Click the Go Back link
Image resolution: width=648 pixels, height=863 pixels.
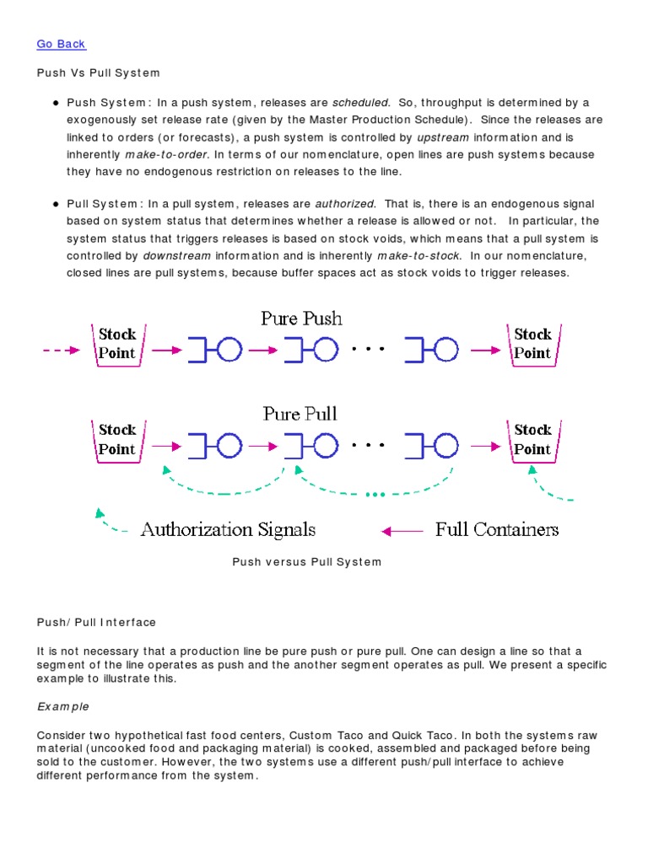(x=62, y=44)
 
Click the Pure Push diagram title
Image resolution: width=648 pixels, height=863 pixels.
(x=301, y=319)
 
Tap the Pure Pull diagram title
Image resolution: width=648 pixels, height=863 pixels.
(x=300, y=414)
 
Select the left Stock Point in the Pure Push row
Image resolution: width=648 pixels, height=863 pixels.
(x=118, y=344)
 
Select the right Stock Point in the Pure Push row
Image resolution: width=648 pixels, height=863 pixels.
(x=532, y=344)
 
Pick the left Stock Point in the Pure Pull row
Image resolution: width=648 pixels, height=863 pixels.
(x=118, y=440)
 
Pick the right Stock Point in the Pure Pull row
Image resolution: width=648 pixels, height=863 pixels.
(x=532, y=440)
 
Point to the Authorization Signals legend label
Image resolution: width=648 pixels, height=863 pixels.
(x=228, y=530)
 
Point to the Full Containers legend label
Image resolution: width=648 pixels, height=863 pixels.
(x=496, y=530)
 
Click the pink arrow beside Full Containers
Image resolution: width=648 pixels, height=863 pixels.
(x=402, y=531)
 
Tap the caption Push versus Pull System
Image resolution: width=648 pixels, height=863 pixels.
(x=307, y=562)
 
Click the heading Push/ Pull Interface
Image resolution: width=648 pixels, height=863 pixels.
(x=96, y=623)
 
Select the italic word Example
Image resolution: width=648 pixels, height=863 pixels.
(x=63, y=706)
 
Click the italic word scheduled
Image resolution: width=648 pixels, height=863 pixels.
(x=361, y=103)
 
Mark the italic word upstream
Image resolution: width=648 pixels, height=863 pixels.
(x=443, y=137)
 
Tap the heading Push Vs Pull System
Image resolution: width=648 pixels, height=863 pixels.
(x=99, y=73)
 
